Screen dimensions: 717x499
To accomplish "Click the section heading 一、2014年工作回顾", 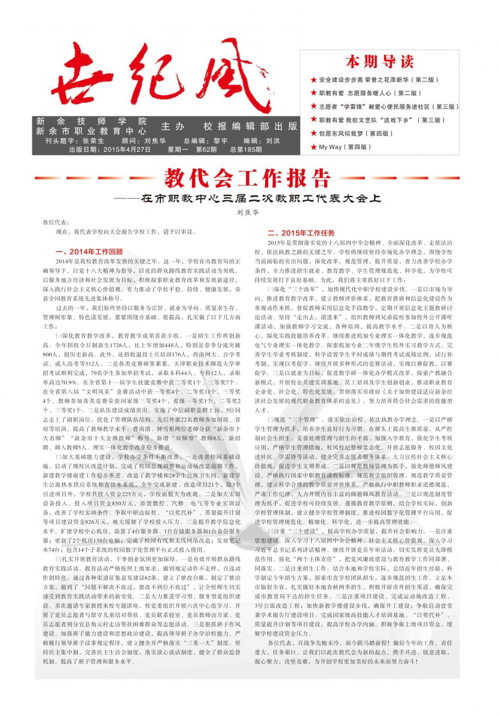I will click(89, 251).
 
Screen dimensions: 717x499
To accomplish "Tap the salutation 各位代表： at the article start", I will click(49, 222).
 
